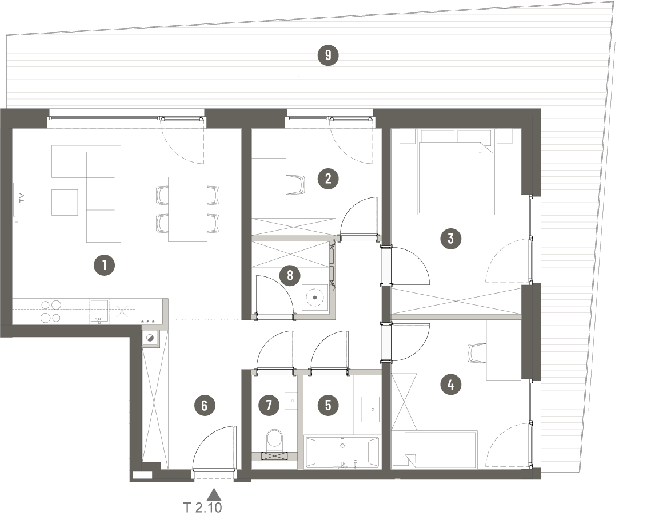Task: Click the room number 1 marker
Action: click(x=104, y=265)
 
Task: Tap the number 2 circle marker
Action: click(x=328, y=179)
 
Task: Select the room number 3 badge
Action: click(x=450, y=239)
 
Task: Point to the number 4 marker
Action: click(x=450, y=385)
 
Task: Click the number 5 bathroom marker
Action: click(x=328, y=405)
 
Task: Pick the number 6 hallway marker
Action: click(x=205, y=406)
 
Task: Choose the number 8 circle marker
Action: click(x=290, y=276)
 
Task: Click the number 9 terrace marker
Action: click(x=328, y=56)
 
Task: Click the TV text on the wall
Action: click(x=22, y=198)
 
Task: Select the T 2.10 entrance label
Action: click(x=202, y=508)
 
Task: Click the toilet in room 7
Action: click(x=274, y=440)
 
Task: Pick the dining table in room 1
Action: click(x=187, y=209)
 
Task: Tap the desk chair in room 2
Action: click(x=297, y=184)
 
